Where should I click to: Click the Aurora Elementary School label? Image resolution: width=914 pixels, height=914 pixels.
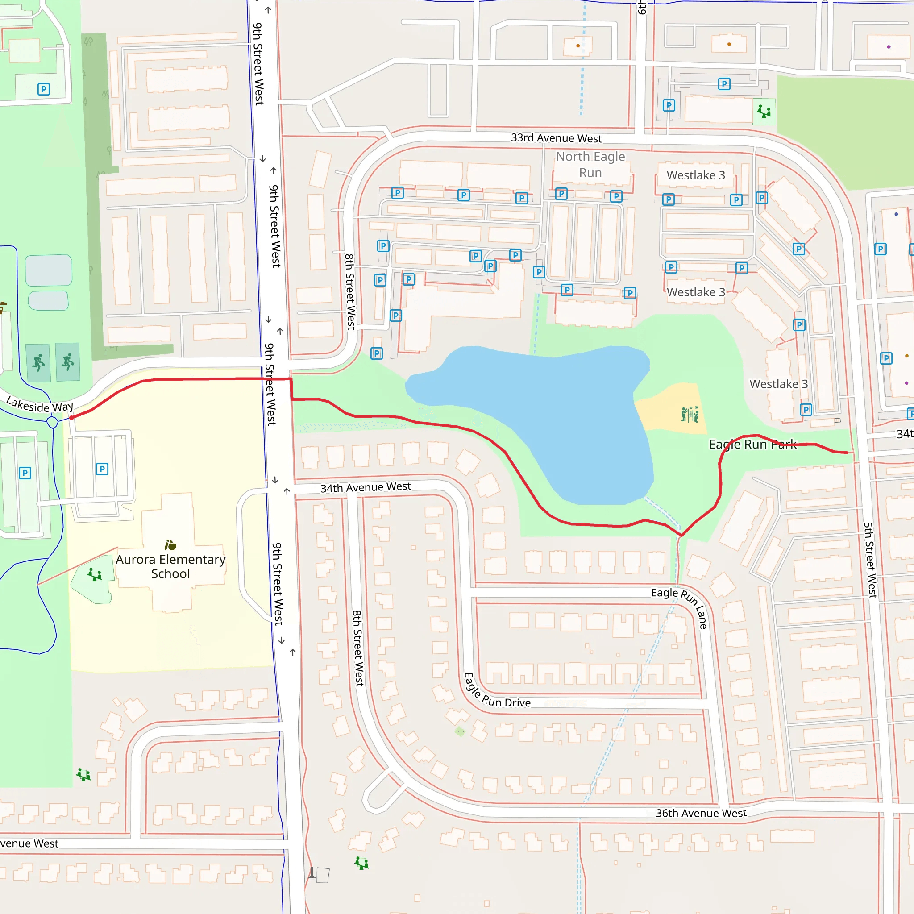pyautogui.click(x=170, y=566)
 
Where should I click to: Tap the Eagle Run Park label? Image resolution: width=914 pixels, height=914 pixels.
pyautogui.click(x=752, y=444)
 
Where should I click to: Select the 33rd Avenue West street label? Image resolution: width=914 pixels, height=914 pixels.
pyautogui.click(x=556, y=138)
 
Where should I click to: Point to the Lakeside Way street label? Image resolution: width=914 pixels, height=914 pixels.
pyautogui.click(x=40, y=404)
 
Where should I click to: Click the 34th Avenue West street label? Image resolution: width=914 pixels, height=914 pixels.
pyautogui.click(x=366, y=487)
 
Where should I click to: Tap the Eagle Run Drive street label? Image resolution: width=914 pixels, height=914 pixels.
pyautogui.click(x=497, y=693)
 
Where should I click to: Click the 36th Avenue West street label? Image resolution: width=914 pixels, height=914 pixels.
pyautogui.click(x=701, y=813)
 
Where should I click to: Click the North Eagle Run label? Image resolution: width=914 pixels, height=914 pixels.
pyautogui.click(x=590, y=164)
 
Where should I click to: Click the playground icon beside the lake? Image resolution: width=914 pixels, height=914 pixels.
pyautogui.click(x=690, y=414)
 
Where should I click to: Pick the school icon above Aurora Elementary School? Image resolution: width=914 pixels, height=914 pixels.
pyautogui.click(x=170, y=545)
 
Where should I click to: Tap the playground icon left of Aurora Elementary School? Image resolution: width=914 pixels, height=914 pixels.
pyautogui.click(x=95, y=574)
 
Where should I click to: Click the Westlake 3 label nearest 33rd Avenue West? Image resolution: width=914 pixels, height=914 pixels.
pyautogui.click(x=695, y=175)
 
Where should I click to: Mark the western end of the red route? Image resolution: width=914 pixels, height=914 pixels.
pyautogui.click(x=71, y=418)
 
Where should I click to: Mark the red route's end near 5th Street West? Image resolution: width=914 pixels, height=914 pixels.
pyautogui.click(x=848, y=453)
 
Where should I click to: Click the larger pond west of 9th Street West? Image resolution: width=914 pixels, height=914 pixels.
pyautogui.click(x=49, y=270)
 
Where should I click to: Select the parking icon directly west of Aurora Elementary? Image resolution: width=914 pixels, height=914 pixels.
pyautogui.click(x=102, y=469)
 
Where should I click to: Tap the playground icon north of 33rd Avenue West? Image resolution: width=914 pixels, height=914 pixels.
pyautogui.click(x=764, y=112)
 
